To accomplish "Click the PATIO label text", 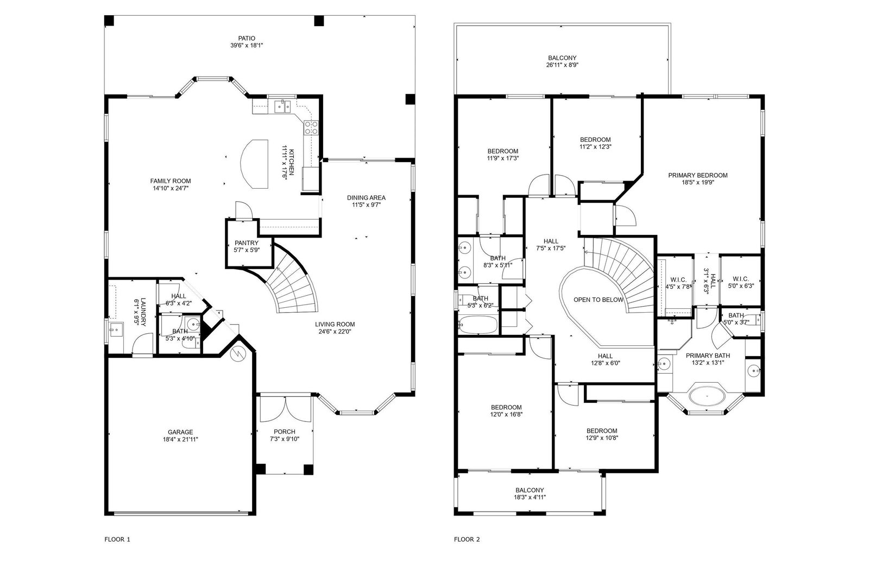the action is pyautogui.click(x=247, y=39).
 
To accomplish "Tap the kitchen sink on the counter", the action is pyautogui.click(x=283, y=106).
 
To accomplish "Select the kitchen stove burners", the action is pyautogui.click(x=311, y=128).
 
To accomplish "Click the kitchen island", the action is pyautogui.click(x=255, y=164).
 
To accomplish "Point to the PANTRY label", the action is pyautogui.click(x=247, y=243).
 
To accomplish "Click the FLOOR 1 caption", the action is pyautogui.click(x=117, y=539).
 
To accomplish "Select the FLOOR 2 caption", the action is pyautogui.click(x=467, y=539).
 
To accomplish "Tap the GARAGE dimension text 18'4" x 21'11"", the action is pyautogui.click(x=180, y=439).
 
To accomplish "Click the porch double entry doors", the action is pyautogui.click(x=286, y=409).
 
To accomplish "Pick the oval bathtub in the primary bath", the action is pyautogui.click(x=707, y=396).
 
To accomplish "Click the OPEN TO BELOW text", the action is pyautogui.click(x=599, y=300).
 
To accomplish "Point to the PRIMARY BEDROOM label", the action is pyautogui.click(x=697, y=175).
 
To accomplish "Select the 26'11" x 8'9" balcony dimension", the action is pyautogui.click(x=562, y=65).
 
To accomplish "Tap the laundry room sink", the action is pyautogui.click(x=116, y=330).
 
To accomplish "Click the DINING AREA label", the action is pyautogui.click(x=366, y=198).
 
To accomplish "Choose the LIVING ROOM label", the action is pyautogui.click(x=335, y=325).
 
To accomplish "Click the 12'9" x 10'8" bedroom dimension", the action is pyautogui.click(x=602, y=438).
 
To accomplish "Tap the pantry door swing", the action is pyautogui.click(x=244, y=210).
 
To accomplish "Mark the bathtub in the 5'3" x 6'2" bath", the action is pyautogui.click(x=477, y=325).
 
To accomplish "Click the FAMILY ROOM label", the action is pyautogui.click(x=171, y=181).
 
